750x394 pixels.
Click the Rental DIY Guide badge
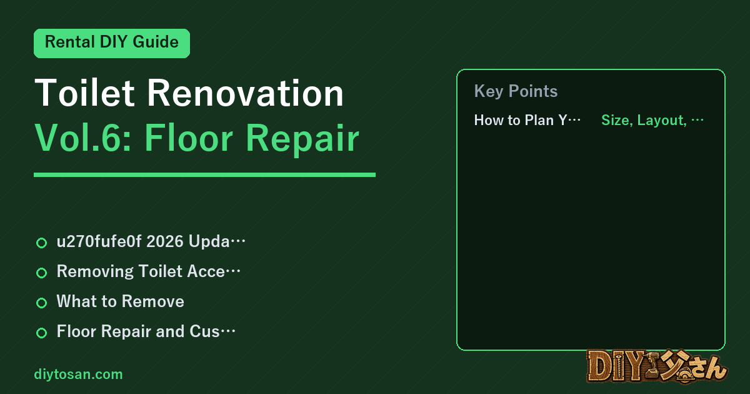[112, 43]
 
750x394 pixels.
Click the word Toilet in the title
[85, 93]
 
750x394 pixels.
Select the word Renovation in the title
[246, 93]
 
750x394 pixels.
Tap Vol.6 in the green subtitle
[83, 138]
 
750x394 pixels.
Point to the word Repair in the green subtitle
[302, 139]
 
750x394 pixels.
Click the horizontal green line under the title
[204, 174]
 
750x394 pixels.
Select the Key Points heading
[516, 91]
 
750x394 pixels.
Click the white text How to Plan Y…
[527, 120]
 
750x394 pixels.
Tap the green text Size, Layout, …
[652, 120]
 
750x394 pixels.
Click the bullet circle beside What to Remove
[41, 303]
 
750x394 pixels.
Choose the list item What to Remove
[120, 301]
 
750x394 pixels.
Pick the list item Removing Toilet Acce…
[149, 271]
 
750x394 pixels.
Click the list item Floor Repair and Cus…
[146, 331]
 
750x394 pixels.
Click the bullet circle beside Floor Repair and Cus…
[41, 333]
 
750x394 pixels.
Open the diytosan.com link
[78, 374]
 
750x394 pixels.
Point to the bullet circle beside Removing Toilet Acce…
[41, 273]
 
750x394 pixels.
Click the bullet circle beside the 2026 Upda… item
[41, 243]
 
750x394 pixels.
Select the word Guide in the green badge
[156, 42]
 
